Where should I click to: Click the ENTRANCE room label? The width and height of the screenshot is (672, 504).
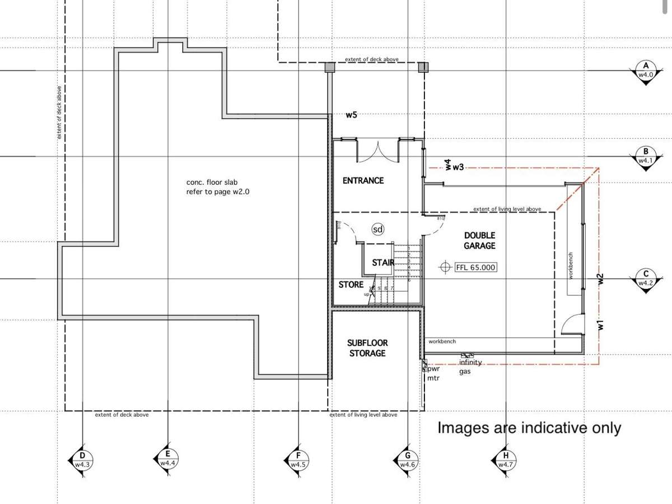click(363, 180)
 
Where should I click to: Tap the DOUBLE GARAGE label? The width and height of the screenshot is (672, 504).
click(479, 241)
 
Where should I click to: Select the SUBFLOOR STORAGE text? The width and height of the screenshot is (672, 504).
click(367, 348)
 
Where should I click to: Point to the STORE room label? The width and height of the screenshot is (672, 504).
click(351, 284)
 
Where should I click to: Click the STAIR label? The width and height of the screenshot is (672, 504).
click(383, 263)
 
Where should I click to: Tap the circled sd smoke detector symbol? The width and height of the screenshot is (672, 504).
click(378, 229)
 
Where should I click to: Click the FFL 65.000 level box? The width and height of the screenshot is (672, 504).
click(475, 267)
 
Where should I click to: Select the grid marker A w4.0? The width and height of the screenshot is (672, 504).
click(646, 71)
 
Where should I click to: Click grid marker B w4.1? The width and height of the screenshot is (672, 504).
click(646, 156)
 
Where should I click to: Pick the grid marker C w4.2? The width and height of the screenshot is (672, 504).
click(646, 278)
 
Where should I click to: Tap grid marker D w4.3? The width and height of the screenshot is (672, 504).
click(83, 460)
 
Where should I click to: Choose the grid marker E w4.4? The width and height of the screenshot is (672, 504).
click(167, 460)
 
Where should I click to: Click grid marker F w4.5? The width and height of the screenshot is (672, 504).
click(298, 461)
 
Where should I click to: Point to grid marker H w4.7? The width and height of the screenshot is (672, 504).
click(506, 461)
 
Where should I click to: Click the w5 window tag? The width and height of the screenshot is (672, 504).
click(351, 115)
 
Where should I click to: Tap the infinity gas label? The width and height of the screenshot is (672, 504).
click(470, 366)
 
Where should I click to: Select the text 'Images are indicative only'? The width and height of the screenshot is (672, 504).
click(529, 428)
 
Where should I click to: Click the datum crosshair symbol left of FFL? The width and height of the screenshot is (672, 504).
click(446, 267)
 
